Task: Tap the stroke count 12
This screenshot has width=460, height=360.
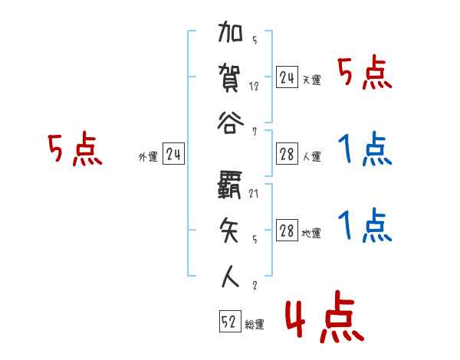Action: (254, 87)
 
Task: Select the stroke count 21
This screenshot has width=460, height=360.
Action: (254, 194)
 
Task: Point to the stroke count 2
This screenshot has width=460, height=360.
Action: (254, 285)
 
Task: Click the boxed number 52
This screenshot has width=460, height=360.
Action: (229, 323)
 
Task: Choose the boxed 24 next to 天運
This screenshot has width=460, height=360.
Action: (287, 78)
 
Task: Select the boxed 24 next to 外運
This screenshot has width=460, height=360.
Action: (172, 155)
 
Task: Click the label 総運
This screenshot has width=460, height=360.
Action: (255, 325)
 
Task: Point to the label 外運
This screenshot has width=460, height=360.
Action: (148, 157)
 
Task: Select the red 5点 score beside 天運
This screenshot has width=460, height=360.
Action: (365, 74)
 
